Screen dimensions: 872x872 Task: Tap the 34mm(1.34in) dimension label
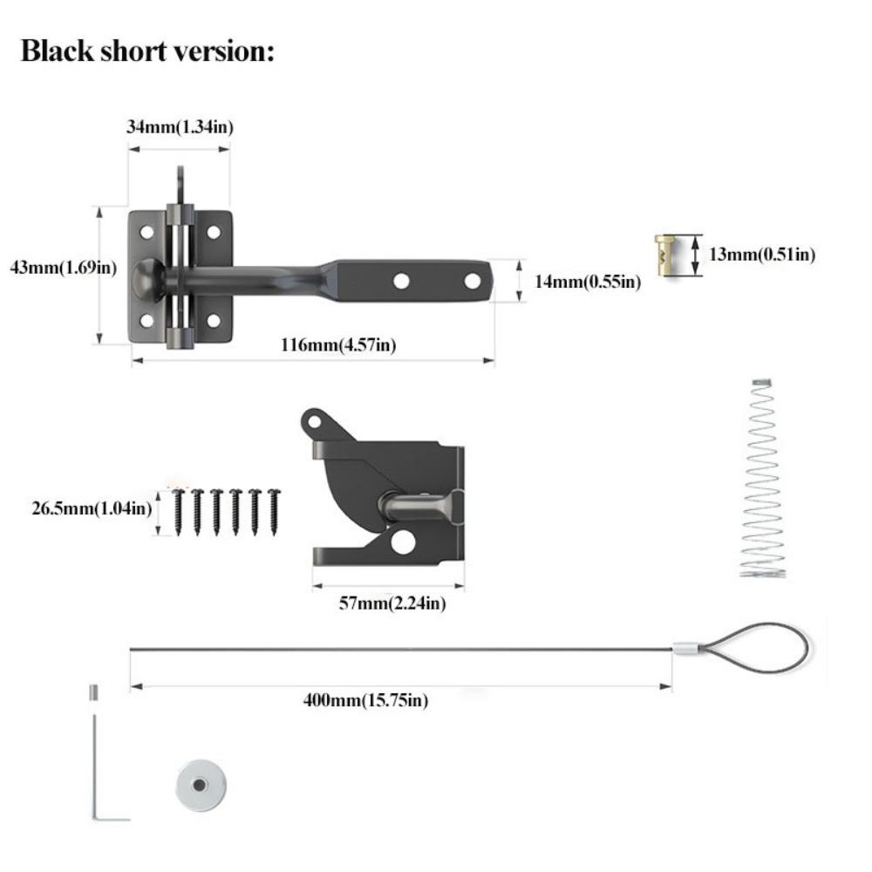[180, 127]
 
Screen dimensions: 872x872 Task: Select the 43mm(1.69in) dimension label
[63, 267]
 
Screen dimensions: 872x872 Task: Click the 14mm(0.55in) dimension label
[587, 281]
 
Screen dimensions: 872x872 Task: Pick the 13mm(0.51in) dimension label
[762, 255]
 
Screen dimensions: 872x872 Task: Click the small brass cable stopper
[667, 255]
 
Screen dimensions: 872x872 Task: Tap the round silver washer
[200, 786]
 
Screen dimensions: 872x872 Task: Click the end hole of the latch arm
[472, 282]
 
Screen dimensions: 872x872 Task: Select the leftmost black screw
[177, 511]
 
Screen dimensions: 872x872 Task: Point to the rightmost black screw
[275, 511]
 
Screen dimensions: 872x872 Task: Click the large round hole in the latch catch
[402, 542]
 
